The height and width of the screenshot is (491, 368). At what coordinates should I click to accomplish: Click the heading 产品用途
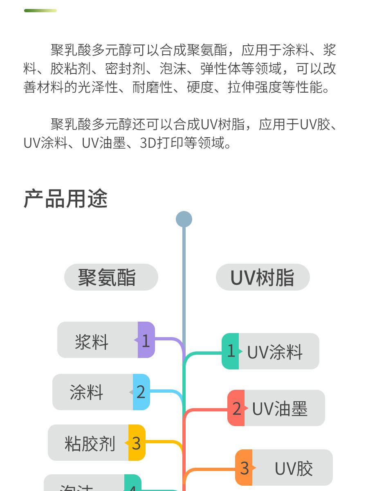click(x=66, y=199)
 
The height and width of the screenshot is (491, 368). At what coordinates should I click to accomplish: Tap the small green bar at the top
click(x=40, y=11)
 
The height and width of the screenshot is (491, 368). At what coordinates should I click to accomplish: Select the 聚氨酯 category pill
click(x=111, y=277)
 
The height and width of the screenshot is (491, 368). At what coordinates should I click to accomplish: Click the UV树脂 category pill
click(x=263, y=278)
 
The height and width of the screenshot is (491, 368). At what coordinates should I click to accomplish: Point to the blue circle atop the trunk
click(x=184, y=219)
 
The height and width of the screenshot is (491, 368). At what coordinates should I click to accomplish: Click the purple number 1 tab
click(x=146, y=340)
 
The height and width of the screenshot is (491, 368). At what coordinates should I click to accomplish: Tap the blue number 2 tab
click(x=141, y=392)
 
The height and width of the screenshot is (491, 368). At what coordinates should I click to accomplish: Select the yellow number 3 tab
click(x=137, y=443)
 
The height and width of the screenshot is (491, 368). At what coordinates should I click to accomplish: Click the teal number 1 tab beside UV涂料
click(x=231, y=351)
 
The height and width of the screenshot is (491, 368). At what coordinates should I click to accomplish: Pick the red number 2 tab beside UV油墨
click(x=236, y=408)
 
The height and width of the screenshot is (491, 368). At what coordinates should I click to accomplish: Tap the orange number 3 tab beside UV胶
click(x=244, y=468)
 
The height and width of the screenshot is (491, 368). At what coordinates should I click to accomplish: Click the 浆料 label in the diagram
click(x=92, y=341)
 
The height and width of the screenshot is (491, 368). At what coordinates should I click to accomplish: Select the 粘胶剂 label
click(x=90, y=444)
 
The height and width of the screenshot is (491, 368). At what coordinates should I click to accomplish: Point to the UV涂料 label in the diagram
click(x=275, y=352)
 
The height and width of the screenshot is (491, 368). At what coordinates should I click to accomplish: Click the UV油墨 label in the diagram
click(x=280, y=409)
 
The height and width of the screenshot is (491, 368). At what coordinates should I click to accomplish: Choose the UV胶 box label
click(x=294, y=469)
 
